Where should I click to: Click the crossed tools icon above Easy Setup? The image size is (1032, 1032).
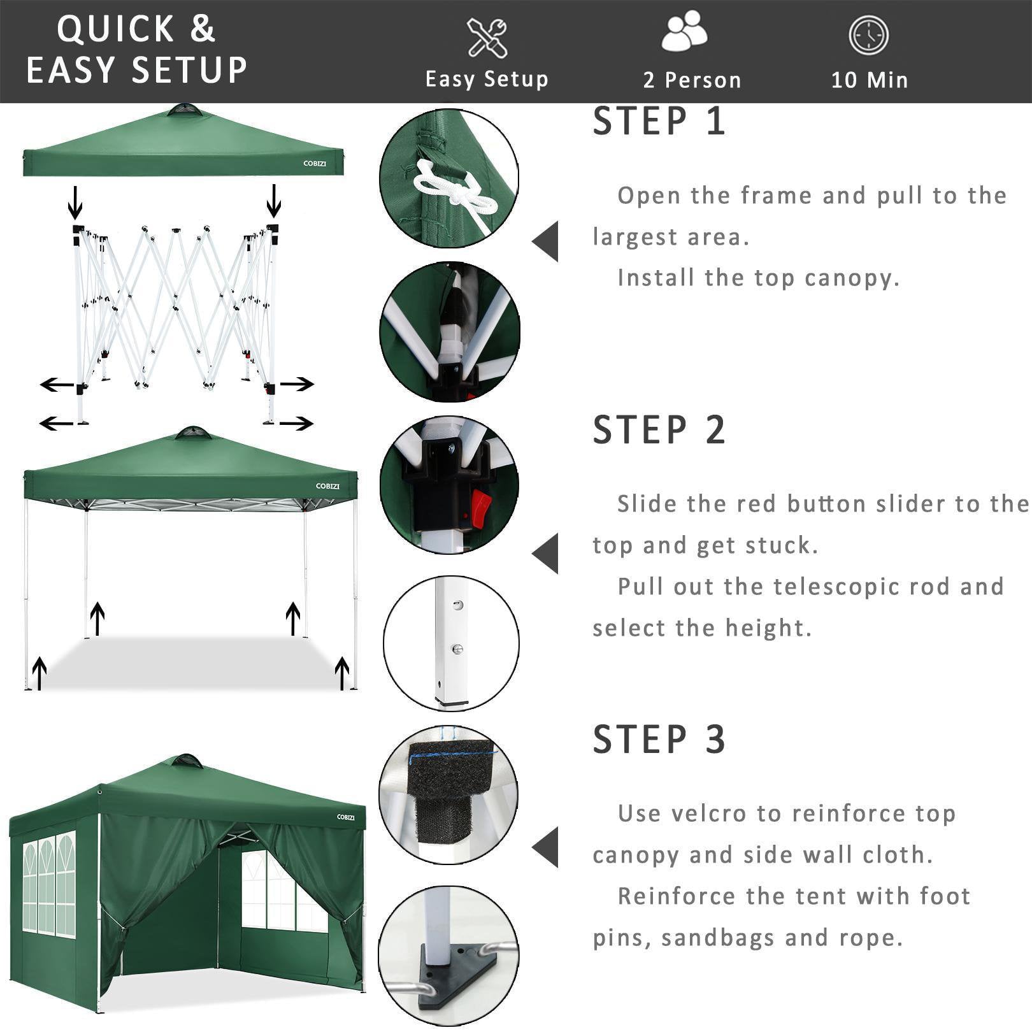tap(487, 38)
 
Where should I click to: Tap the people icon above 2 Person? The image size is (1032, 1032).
tap(684, 33)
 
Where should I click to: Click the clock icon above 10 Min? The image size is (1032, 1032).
tap(868, 35)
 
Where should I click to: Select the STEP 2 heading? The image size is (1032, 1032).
tap(659, 430)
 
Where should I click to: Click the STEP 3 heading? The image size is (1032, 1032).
tap(659, 740)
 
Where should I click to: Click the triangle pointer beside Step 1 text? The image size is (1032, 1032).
tap(546, 241)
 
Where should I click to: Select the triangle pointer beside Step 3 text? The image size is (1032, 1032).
tap(546, 847)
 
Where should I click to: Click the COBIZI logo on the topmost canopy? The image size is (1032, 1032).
tap(315, 164)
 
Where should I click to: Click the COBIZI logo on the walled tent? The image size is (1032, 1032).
tap(345, 817)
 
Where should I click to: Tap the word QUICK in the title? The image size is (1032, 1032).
tap(115, 29)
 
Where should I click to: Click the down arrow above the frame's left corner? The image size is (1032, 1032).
tap(75, 203)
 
